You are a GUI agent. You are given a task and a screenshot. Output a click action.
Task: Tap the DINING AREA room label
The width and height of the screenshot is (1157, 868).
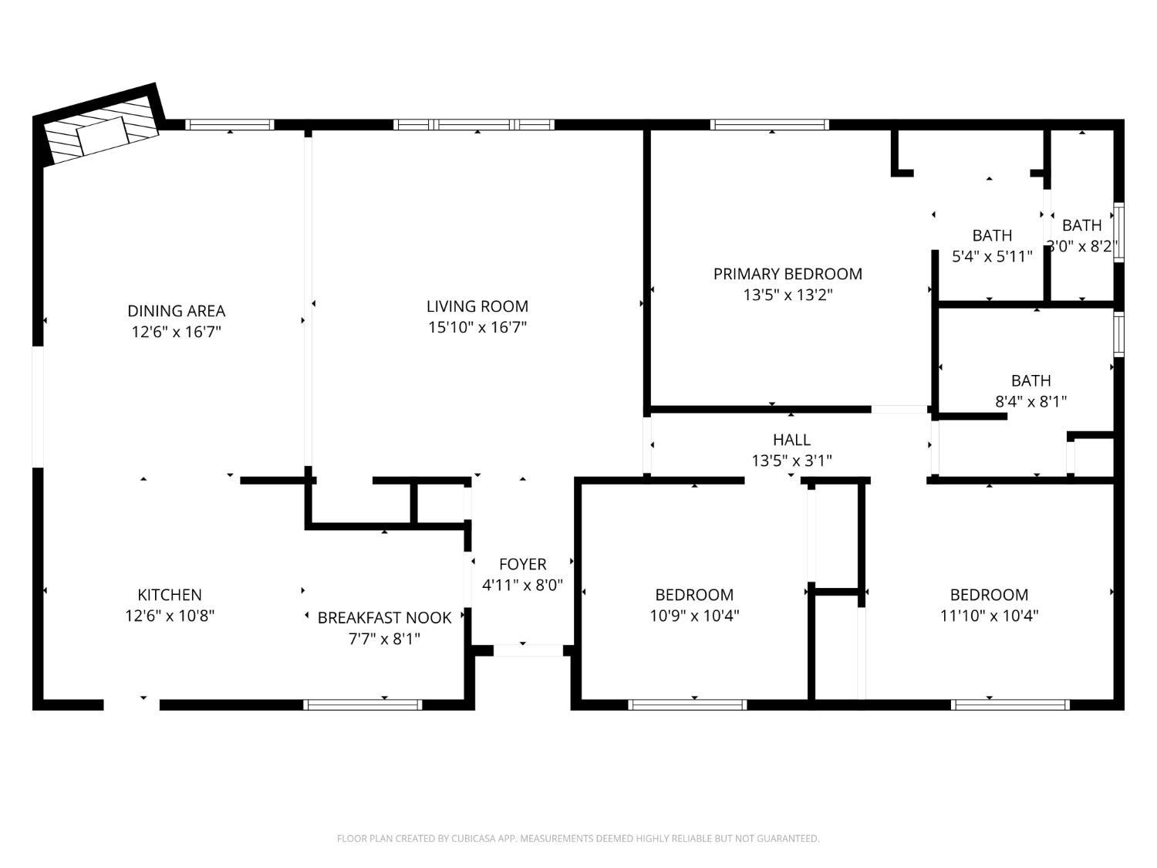tap(176, 311)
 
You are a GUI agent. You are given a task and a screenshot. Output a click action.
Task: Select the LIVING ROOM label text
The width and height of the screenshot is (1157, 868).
tap(477, 306)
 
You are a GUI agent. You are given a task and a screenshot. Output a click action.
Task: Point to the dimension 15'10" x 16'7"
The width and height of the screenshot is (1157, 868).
tap(477, 327)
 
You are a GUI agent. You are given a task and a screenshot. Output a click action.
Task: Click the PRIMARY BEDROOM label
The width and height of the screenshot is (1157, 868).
tap(788, 274)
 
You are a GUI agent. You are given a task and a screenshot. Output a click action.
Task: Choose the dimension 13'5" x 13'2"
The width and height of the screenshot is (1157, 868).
tap(788, 295)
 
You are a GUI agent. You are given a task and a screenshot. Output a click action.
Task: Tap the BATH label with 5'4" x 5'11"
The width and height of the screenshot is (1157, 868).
tap(992, 235)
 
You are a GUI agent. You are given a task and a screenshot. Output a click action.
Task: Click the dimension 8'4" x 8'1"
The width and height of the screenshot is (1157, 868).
tap(1031, 401)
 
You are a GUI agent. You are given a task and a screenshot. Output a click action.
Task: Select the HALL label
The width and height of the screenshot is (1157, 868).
tap(791, 440)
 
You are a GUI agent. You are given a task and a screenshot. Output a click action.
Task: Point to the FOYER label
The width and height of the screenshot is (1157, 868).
tap(522, 564)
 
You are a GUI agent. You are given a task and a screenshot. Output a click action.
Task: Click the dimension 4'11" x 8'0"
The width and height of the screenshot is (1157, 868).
tap(522, 585)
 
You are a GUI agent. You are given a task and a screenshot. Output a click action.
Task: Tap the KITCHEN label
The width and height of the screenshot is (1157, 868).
tap(170, 595)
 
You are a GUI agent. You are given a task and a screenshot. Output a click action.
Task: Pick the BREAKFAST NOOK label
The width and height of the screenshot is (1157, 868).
tap(384, 618)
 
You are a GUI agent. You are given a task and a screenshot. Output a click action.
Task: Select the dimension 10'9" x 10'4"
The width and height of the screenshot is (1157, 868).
tap(694, 616)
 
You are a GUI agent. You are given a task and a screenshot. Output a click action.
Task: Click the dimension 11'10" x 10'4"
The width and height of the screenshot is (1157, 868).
tap(989, 616)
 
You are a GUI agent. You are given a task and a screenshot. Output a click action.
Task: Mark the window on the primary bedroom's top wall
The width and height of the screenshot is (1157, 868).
tap(770, 124)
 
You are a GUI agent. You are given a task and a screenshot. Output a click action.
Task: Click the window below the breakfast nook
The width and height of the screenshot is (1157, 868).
tap(363, 704)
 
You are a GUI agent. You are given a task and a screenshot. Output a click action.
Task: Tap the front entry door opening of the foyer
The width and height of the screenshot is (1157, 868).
tap(528, 650)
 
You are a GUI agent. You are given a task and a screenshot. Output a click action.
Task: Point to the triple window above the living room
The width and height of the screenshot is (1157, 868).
tap(474, 124)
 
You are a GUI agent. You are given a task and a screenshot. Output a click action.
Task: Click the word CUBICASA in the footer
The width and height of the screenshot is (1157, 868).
tap(473, 839)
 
